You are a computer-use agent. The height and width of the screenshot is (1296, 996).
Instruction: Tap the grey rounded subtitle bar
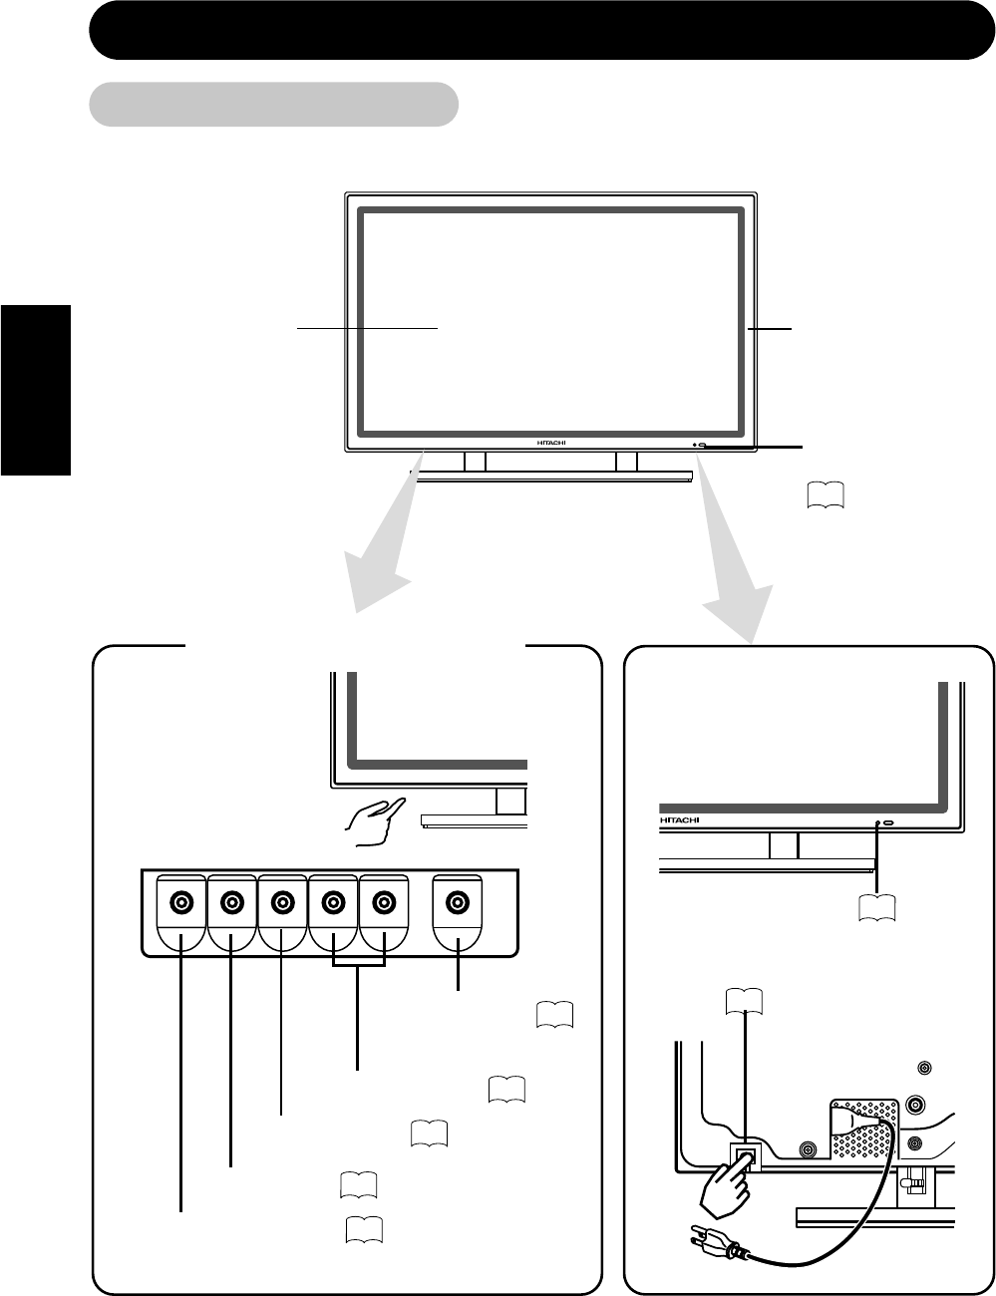(273, 104)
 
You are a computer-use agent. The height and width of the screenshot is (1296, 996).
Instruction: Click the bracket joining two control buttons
(358, 965)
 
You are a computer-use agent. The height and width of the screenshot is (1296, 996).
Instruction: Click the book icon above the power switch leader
(746, 999)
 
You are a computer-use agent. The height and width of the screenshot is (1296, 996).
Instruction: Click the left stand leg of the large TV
(475, 462)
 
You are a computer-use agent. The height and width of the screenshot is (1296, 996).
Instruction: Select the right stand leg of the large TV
(626, 462)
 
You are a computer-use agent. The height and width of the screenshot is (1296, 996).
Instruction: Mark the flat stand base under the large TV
(554, 479)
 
